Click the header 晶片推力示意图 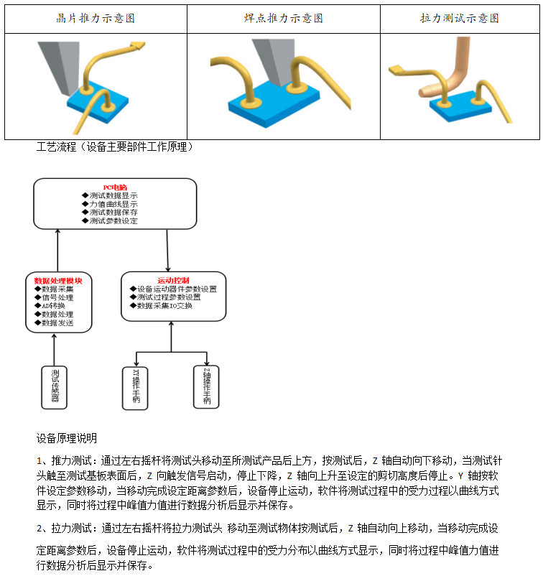tap(96, 19)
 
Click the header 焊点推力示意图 tap(283, 19)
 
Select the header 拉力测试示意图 tap(460, 19)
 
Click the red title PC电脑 tap(115, 187)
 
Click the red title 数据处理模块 tap(59, 280)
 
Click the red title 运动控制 tap(173, 280)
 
